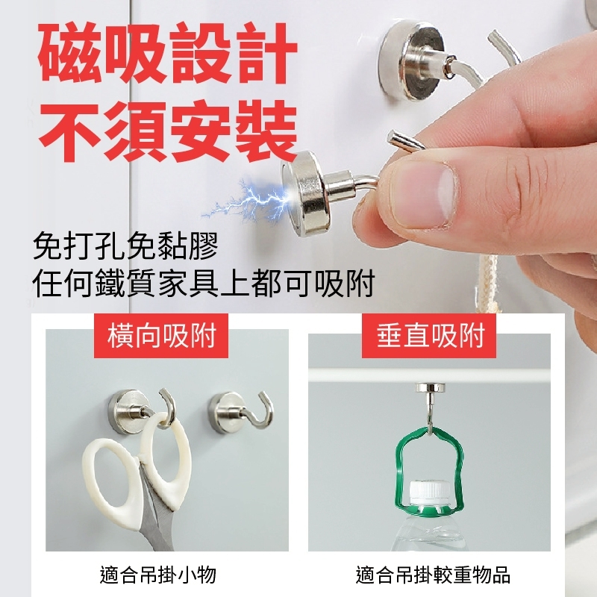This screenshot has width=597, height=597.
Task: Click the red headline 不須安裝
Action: pos(168,131)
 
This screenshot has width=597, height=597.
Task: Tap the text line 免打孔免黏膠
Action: pos(125,246)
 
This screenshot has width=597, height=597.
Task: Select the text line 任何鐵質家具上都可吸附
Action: pos(204,284)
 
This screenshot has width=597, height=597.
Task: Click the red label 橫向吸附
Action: pos(161,335)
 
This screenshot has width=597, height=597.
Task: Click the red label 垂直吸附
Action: pos(430,335)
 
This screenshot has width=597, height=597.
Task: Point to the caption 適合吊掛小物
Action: pos(158,575)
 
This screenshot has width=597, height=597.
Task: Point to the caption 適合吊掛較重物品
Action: pos(433,575)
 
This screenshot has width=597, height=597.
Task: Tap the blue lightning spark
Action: pos(248,201)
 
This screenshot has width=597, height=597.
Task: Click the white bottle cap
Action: pos(429,493)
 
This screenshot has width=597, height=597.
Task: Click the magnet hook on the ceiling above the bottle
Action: pos(431,404)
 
